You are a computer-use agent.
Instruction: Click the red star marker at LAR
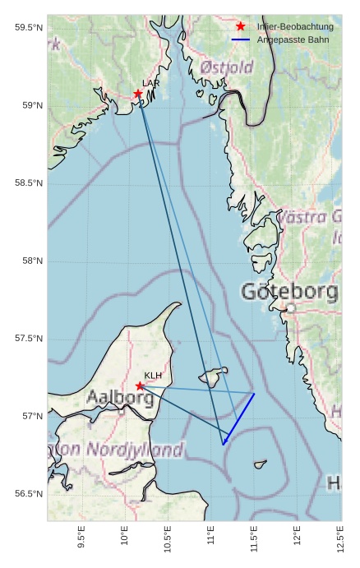[x=138, y=94]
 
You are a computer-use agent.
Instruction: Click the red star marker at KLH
[x=140, y=386]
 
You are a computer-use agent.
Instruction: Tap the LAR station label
[x=151, y=83]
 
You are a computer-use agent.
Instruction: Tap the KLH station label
[x=153, y=376]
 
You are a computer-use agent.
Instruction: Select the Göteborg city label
[x=289, y=292]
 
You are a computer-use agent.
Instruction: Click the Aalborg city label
[x=120, y=399]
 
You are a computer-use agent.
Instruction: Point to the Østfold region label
[x=227, y=67]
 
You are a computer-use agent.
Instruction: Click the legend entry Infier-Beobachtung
[x=295, y=26]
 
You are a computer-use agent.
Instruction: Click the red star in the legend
[x=241, y=26]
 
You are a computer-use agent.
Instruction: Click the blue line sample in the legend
[x=241, y=39]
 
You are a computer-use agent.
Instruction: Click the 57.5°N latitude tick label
[x=28, y=339]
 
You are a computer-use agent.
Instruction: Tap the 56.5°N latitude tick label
[x=28, y=494]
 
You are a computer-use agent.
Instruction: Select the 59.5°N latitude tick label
[x=28, y=28]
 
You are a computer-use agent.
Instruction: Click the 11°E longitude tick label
[x=210, y=538]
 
